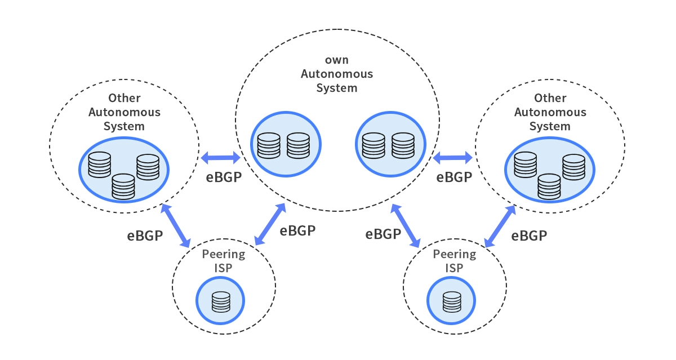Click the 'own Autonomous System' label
(337, 74)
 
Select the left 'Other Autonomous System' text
(124, 112)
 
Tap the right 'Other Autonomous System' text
(550, 112)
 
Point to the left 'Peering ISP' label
(224, 261)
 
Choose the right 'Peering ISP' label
(454, 261)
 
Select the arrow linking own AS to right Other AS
(452, 157)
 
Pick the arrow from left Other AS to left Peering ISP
(176, 226)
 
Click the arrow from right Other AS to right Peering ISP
(500, 226)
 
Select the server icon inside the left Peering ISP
(221, 302)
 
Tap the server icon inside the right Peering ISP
(451, 302)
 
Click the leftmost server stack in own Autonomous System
(269, 145)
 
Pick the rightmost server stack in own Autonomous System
(403, 145)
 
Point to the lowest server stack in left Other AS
(123, 186)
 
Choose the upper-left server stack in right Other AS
(526, 165)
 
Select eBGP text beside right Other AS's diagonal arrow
(529, 235)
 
